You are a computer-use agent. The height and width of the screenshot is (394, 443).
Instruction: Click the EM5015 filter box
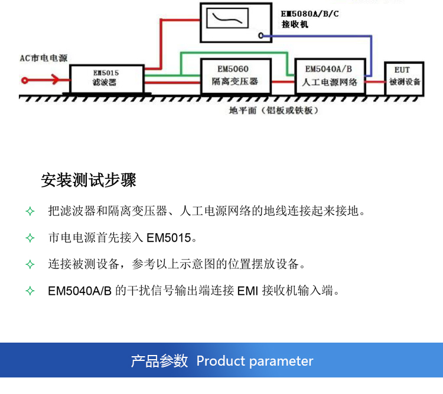tap(107, 79)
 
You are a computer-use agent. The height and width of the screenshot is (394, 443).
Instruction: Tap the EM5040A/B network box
tap(330, 76)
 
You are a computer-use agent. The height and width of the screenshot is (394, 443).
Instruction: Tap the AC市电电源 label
tap(44, 58)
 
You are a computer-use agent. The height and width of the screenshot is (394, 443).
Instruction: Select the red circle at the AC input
tap(25, 80)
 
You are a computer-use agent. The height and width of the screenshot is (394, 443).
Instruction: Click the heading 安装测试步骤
tap(89, 180)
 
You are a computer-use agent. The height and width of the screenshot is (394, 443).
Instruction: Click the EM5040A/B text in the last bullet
tap(80, 291)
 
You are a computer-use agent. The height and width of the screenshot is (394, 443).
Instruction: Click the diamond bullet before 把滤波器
tap(30, 211)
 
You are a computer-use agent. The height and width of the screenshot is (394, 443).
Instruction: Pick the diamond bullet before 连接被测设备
tap(30, 265)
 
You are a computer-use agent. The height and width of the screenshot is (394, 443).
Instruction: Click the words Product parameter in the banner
tap(255, 361)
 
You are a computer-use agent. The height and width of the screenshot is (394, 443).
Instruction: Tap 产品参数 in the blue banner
tap(159, 361)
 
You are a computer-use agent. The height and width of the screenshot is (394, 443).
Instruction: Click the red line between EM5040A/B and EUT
tap(375, 82)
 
